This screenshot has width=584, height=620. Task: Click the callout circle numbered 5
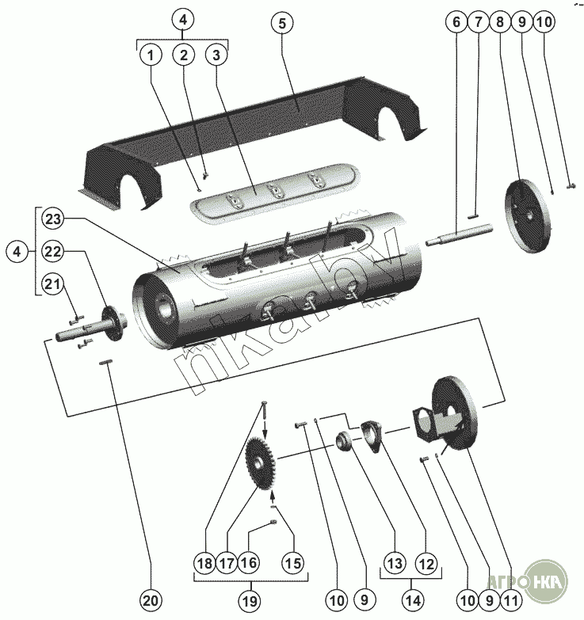coord(280,23)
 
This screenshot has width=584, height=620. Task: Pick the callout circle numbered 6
coord(456,23)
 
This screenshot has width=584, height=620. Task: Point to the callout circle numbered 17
coord(227,564)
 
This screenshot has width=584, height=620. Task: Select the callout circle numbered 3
coord(215,55)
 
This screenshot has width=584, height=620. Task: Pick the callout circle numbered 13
coord(395,564)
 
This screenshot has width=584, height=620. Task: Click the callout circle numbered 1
coord(151,55)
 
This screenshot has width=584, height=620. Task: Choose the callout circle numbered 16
coord(250,564)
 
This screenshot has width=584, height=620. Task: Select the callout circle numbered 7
coord(478,23)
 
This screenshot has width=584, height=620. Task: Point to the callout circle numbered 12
coord(426,564)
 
